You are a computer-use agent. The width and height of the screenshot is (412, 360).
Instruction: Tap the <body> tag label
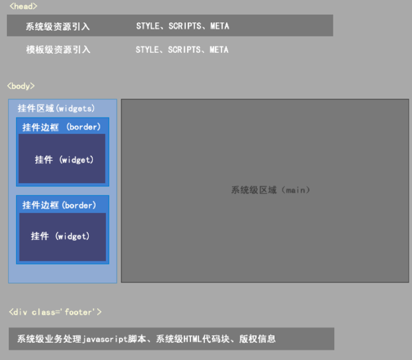21,86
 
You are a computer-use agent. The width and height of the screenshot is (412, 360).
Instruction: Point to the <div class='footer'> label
55,312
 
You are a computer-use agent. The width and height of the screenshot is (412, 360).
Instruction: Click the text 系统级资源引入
57,26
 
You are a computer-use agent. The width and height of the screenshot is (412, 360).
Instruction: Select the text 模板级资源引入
57,49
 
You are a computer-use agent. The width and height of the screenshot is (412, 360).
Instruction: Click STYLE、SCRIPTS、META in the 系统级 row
182,26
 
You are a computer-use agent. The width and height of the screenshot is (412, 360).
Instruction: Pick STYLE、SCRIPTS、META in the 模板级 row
182,49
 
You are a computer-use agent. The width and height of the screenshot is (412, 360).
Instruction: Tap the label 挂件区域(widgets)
56,109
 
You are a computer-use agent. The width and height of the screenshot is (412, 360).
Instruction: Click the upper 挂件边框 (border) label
61,127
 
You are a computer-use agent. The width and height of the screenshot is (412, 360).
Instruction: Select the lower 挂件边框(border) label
59,205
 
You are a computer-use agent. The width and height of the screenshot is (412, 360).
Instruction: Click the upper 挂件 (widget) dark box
63,160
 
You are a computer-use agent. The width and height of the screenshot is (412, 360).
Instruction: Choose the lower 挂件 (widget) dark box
63,237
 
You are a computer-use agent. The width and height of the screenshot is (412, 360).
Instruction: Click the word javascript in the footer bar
107,339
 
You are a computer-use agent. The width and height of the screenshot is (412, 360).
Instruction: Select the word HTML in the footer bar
192,339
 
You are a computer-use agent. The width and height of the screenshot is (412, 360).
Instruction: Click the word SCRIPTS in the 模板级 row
184,49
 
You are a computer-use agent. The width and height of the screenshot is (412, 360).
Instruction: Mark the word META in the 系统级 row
219,26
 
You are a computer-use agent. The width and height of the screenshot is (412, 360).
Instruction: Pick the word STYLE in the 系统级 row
148,26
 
